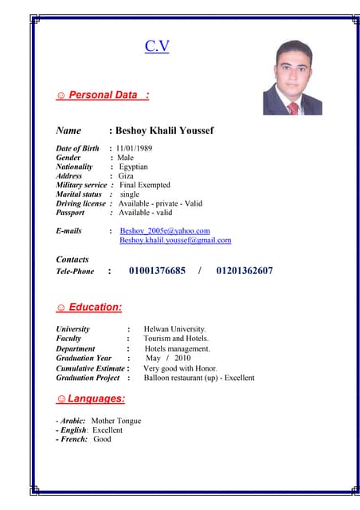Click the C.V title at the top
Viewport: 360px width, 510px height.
click(x=157, y=46)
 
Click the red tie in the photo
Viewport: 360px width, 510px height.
click(x=293, y=107)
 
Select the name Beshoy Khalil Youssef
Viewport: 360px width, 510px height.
click(x=165, y=131)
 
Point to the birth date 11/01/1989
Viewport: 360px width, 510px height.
click(x=134, y=148)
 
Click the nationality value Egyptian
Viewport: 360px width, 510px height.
click(x=133, y=167)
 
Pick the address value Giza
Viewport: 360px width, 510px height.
click(x=127, y=176)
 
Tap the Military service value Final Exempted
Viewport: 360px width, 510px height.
click(x=144, y=185)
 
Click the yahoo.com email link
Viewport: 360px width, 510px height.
click(x=165, y=230)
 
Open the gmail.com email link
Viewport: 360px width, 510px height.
click(x=175, y=240)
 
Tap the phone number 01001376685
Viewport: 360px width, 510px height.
click(x=157, y=271)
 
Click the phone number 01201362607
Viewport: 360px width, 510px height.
click(x=245, y=271)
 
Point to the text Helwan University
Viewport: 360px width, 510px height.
click(x=174, y=328)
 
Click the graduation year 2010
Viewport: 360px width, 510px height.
click(x=182, y=359)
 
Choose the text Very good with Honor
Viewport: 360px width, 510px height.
click(x=180, y=368)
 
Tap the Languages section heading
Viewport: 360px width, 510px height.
click(x=96, y=398)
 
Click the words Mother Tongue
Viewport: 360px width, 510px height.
click(x=116, y=421)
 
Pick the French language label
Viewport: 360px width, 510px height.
click(x=73, y=439)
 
